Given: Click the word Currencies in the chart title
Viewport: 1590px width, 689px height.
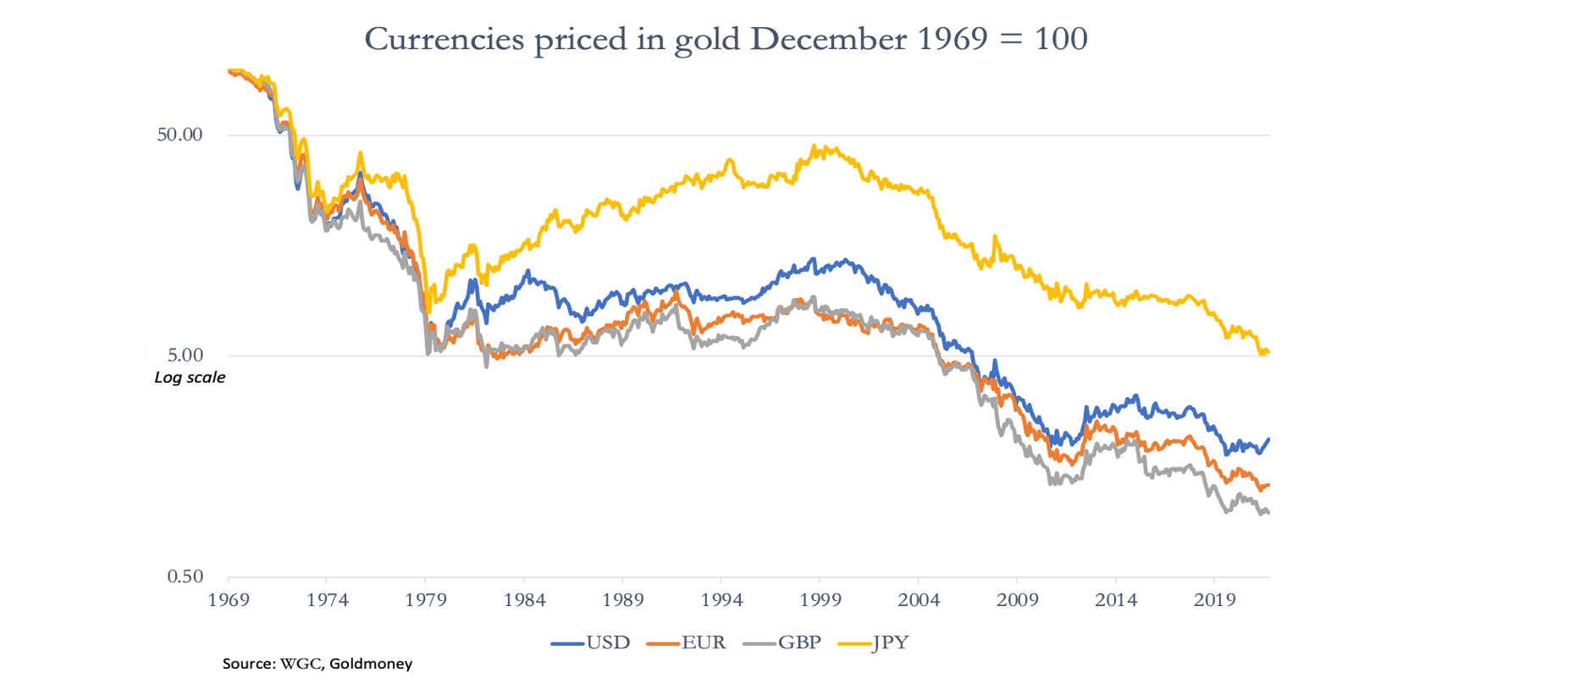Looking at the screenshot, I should tap(444, 39).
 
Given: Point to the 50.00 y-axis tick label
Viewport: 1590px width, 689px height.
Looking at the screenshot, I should tap(179, 135).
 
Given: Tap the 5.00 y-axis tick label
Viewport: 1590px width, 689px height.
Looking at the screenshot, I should tap(185, 356).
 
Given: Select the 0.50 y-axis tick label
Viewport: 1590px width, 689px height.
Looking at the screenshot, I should tap(185, 576).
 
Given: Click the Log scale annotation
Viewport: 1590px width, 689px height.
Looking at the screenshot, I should tap(190, 378).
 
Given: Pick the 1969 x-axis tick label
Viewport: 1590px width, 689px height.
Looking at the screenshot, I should tap(229, 600).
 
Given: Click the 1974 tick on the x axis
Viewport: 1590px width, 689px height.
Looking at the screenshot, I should tap(327, 600).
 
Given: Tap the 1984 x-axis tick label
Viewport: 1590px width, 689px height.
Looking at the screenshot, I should tap(524, 600).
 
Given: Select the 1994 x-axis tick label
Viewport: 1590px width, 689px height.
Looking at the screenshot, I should tap(721, 600).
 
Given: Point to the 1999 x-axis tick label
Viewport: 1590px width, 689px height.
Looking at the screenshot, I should tap(820, 600).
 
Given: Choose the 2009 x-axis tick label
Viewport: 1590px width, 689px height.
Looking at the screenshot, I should tap(1017, 600).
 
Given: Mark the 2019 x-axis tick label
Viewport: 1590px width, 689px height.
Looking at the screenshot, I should tap(1214, 600).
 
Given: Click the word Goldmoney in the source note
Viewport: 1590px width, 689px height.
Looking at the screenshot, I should tap(371, 664).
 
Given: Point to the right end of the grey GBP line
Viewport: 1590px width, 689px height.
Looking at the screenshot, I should tap(1268, 513).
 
